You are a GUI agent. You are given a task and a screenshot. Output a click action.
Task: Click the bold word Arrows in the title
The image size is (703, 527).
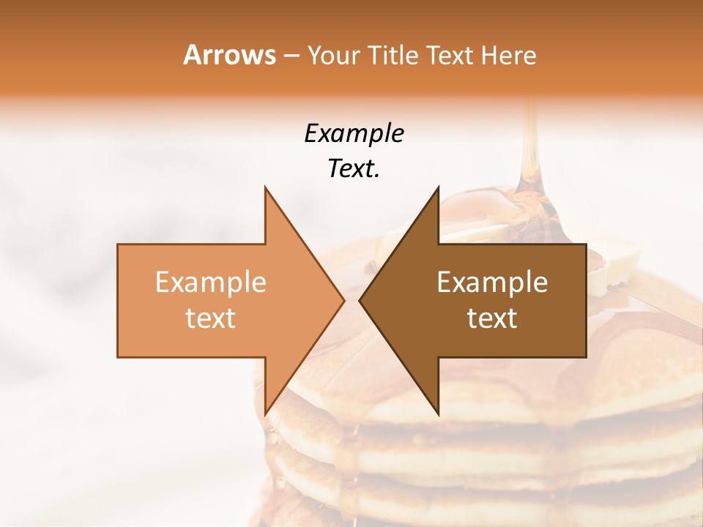point(229,55)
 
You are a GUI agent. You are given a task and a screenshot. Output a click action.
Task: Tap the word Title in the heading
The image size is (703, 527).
point(394,56)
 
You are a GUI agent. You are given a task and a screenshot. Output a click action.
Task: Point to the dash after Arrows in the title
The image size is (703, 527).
point(291,56)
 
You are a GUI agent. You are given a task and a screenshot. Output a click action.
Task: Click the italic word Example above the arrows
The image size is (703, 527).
point(354,133)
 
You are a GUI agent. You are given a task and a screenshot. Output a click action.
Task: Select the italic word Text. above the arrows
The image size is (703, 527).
point(354,169)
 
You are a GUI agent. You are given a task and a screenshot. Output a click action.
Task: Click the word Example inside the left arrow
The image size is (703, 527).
point(211,282)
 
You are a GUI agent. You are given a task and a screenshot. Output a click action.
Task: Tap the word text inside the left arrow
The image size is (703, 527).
point(211,318)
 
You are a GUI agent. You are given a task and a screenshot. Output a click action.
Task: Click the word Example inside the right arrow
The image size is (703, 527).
point(492,282)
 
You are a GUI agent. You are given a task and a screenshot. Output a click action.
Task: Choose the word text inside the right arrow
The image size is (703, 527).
point(492,318)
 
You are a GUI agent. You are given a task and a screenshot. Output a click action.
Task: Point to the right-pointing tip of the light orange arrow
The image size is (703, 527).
point(344,300)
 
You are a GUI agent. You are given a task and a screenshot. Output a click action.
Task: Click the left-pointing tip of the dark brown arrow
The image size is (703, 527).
point(360,300)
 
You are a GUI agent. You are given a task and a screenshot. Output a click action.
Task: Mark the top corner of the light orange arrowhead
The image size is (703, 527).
point(265,187)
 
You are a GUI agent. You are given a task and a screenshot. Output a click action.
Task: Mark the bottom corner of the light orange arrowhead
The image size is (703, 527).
point(265,414)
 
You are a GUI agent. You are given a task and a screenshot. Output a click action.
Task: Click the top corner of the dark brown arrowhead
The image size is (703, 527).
point(438,187)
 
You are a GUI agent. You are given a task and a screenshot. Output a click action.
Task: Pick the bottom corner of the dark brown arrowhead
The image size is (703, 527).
point(438,414)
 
